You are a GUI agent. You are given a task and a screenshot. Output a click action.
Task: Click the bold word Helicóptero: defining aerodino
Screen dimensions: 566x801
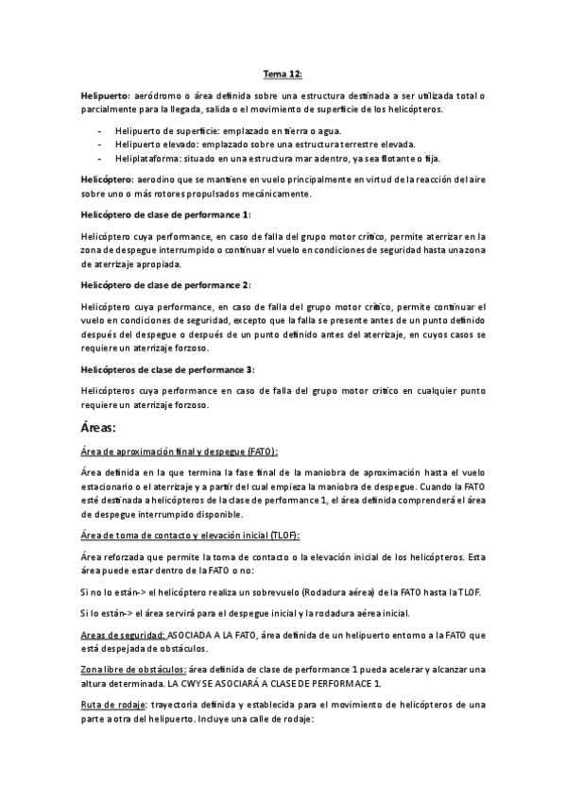point(110,179)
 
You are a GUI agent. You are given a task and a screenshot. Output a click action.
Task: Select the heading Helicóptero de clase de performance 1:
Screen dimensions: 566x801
point(165,214)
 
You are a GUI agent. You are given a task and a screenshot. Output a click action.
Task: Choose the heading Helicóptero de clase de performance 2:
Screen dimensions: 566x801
point(165,285)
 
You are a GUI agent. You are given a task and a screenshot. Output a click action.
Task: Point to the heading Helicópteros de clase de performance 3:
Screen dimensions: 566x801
point(168,369)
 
